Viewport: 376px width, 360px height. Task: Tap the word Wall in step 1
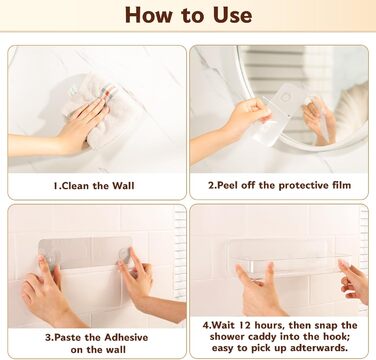point(123,186)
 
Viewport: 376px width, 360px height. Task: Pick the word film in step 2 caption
point(341,185)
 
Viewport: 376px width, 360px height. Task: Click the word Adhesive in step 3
point(126,337)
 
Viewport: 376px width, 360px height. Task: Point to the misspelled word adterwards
point(319,348)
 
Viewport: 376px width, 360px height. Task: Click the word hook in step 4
point(338,337)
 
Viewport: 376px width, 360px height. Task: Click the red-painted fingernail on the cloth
point(108,95)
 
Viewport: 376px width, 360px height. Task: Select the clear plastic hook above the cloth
point(74,91)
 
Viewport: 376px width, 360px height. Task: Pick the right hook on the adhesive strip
point(122,256)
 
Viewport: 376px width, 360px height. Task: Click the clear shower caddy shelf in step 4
point(289,258)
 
